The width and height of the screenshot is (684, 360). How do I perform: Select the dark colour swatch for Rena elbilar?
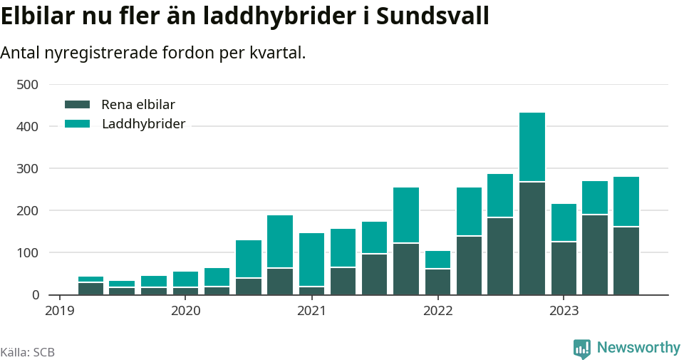click(x=77, y=105)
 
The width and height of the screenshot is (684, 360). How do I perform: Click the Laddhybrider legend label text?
click(x=143, y=124)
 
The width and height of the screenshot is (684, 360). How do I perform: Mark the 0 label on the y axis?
click(x=35, y=295)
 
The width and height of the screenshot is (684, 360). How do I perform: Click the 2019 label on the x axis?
click(x=60, y=312)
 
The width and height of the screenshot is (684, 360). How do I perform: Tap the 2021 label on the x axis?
click(x=311, y=312)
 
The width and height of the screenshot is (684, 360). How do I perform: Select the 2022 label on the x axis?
click(x=437, y=312)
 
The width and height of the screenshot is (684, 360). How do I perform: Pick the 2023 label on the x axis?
click(x=563, y=312)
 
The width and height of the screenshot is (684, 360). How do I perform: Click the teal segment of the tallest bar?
click(x=532, y=147)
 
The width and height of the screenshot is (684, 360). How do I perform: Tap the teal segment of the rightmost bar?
click(x=626, y=202)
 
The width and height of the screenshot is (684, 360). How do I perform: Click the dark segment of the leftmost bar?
click(x=91, y=289)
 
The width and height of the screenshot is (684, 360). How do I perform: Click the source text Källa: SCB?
click(x=28, y=352)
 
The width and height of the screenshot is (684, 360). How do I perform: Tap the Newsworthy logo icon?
click(x=581, y=348)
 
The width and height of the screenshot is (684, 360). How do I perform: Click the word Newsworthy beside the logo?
click(x=638, y=348)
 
